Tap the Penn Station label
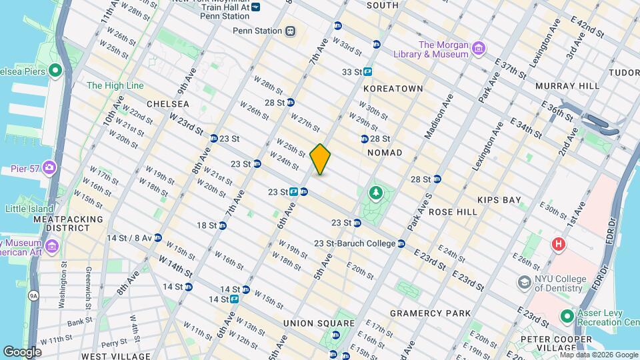point(257,31)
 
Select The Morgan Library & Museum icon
point(478,48)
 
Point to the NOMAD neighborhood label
point(385,153)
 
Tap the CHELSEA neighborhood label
point(167,104)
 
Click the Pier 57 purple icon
point(49,168)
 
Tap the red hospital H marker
point(557,245)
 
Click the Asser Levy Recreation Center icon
point(567,315)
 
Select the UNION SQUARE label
point(307,323)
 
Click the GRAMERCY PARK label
point(430,313)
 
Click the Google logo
point(22,351)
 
